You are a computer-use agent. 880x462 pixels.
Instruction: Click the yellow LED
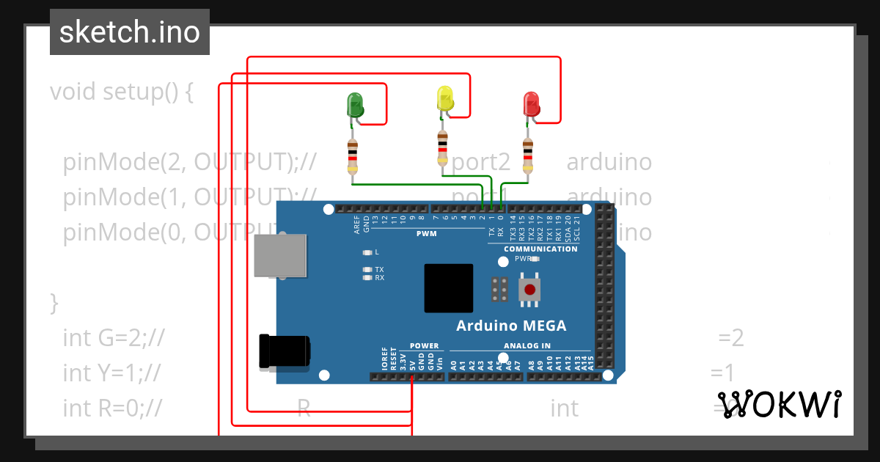(x=444, y=99)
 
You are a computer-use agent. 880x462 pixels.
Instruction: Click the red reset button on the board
(x=529, y=289)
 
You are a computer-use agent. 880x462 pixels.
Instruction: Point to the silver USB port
(x=279, y=255)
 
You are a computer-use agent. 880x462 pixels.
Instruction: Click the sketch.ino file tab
(x=130, y=32)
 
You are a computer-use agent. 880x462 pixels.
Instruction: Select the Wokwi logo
(x=779, y=404)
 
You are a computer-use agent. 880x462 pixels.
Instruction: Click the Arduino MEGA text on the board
(x=511, y=326)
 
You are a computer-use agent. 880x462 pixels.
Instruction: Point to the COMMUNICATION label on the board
(x=540, y=249)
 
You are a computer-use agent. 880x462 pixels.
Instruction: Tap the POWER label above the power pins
(x=424, y=345)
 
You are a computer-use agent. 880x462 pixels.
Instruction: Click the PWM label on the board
(x=426, y=234)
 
